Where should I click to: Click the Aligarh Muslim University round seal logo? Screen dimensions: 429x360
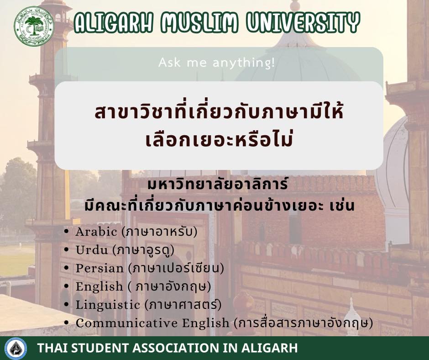tap(34, 26)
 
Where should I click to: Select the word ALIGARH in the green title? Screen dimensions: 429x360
tap(113, 22)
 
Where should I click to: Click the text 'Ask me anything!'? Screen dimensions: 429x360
tap(216, 63)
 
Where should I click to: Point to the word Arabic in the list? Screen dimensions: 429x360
tap(96, 232)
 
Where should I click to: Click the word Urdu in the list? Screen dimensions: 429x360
tap(92, 250)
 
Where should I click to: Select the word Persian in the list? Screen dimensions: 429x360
tap(99, 268)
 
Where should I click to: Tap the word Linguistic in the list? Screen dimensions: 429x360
tap(108, 305)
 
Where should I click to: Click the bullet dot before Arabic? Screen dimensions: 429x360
tap(66, 232)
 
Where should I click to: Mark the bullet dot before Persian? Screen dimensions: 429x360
tap(66, 268)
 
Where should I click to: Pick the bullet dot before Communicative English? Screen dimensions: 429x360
tap(66, 323)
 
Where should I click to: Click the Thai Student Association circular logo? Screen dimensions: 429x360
tap(16, 349)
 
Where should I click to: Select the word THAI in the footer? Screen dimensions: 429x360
tap(53, 348)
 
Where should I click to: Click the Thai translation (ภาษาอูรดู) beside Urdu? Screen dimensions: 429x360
tap(144, 250)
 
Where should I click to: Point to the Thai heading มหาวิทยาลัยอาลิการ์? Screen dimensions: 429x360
tap(218, 184)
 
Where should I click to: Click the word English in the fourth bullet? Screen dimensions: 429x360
tap(99, 287)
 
